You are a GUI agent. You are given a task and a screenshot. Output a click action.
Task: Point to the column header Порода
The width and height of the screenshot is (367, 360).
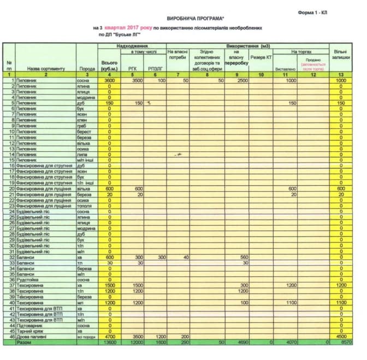pos(87,69)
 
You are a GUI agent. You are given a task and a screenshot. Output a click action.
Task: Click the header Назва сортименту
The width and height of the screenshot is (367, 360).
pos(46,69)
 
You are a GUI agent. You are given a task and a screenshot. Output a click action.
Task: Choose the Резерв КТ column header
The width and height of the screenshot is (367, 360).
pos(261,57)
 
